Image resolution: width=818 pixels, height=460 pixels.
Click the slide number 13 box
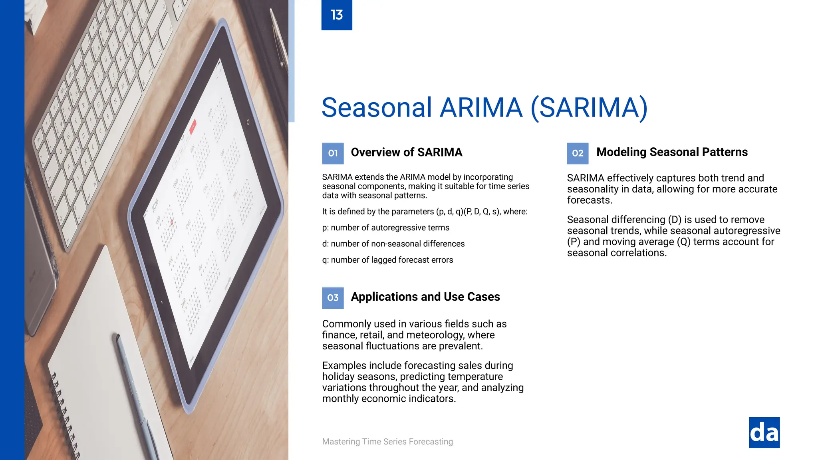(337, 15)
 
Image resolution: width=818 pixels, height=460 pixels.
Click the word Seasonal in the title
(377, 107)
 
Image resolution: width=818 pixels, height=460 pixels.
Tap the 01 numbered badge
(333, 153)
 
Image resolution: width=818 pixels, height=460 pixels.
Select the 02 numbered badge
(578, 153)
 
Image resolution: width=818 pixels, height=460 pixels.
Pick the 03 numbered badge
(333, 298)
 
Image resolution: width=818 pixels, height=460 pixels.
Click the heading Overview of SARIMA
(406, 153)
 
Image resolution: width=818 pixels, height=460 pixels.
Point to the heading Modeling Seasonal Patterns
(672, 152)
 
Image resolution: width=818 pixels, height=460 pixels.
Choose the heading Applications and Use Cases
(425, 297)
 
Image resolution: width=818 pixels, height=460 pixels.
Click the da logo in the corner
(764, 432)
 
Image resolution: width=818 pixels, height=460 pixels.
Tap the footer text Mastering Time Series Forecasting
(387, 442)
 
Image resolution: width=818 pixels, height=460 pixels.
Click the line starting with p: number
(385, 228)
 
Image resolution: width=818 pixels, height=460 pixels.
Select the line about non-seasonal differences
(393, 244)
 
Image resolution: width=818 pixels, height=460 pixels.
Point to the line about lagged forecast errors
(387, 260)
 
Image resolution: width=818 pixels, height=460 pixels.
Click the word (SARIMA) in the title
(589, 107)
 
